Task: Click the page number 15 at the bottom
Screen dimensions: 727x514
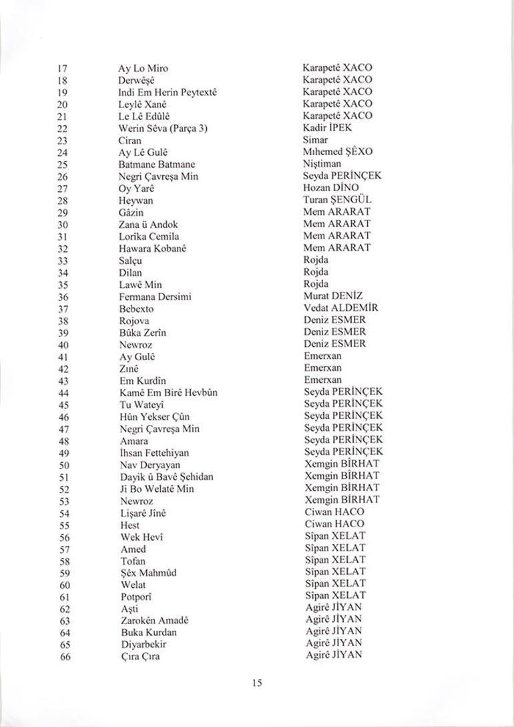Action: tap(257, 682)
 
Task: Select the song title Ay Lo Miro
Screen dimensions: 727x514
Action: tap(143, 68)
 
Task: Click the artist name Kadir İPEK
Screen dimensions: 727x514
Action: tap(327, 128)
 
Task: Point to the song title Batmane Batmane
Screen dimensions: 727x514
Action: tap(157, 164)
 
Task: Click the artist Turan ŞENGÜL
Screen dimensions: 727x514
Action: tap(337, 200)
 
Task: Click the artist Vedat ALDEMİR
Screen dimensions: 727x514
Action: tap(340, 308)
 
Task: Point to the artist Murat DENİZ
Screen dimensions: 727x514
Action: tap(333, 296)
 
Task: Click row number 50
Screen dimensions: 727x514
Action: tap(64, 465)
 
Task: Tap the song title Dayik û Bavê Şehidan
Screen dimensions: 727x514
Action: tap(167, 477)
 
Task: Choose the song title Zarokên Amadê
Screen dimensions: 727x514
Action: tap(154, 621)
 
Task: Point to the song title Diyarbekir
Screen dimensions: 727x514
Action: tap(144, 644)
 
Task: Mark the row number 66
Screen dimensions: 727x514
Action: tap(65, 656)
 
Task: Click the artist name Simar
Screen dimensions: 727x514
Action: tap(315, 140)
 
